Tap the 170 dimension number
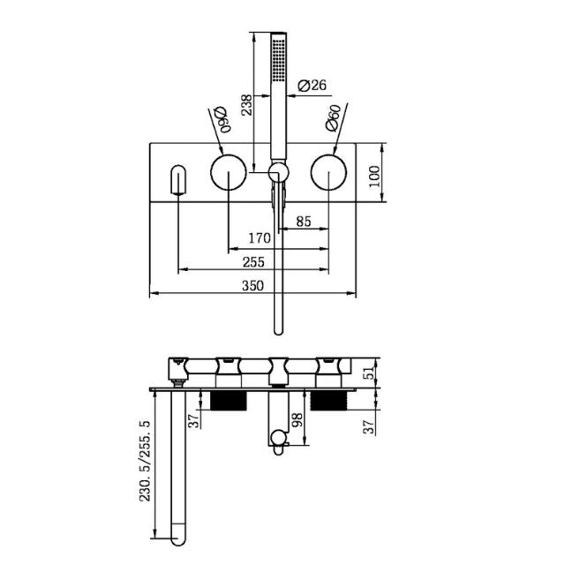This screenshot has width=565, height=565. [258, 238]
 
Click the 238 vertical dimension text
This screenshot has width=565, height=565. [247, 108]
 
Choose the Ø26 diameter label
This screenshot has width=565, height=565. [313, 86]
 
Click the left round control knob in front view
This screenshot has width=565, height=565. [229, 171]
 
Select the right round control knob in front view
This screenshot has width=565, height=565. [329, 171]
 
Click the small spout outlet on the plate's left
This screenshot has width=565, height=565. [179, 181]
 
